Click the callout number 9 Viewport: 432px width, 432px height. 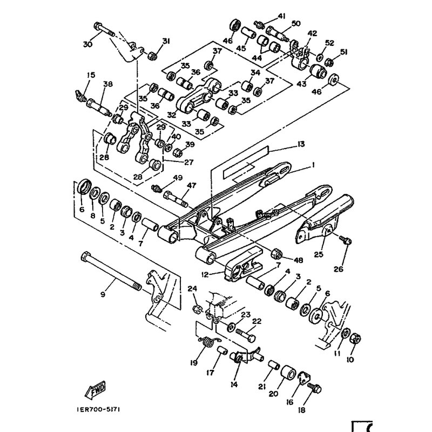click(103, 295)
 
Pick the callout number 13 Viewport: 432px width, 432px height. click(301, 144)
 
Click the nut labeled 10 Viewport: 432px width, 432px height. click(356, 339)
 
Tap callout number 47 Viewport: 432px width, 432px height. click(189, 186)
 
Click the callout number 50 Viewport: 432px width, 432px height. click(295, 24)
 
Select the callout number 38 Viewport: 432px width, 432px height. click(108, 84)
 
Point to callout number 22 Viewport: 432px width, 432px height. click(256, 321)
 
